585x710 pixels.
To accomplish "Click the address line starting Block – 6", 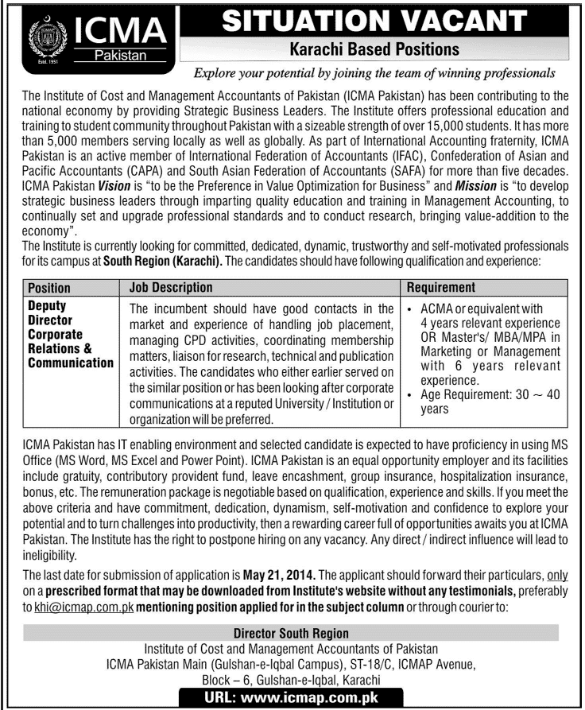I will coord(292,681).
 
